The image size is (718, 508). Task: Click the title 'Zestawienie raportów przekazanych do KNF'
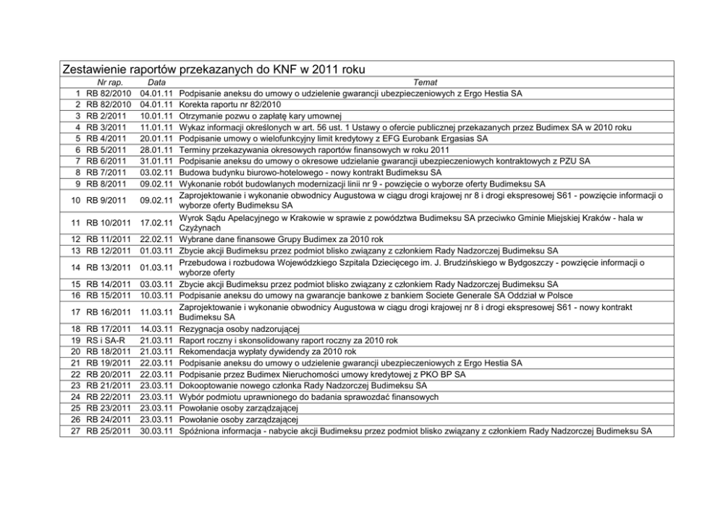click(x=214, y=70)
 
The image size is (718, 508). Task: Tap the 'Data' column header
click(x=156, y=83)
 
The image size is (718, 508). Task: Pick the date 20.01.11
click(x=156, y=138)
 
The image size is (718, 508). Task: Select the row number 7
click(x=77, y=161)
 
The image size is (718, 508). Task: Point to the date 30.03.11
click(x=156, y=431)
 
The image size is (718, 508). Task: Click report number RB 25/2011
click(x=109, y=431)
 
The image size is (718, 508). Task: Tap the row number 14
click(x=75, y=267)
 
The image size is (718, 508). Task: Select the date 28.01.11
click(x=156, y=150)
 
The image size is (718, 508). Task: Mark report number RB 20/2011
click(x=109, y=375)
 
